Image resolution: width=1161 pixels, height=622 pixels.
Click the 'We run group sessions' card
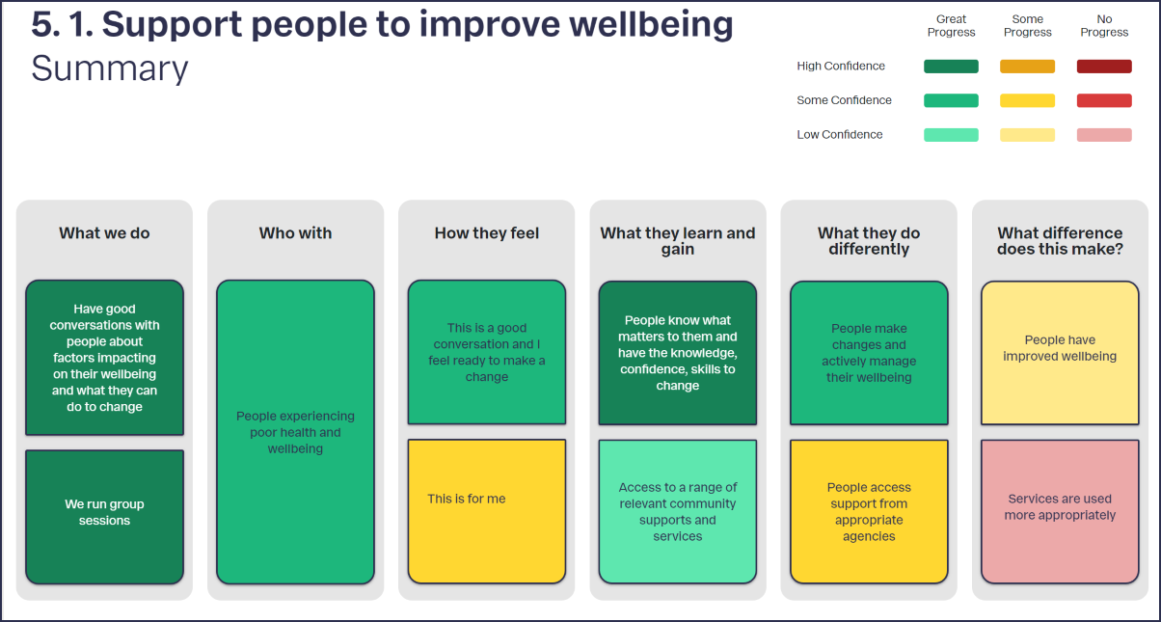[105, 517]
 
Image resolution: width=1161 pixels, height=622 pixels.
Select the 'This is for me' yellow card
[487, 511]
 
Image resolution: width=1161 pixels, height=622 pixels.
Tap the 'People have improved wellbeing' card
[1060, 353]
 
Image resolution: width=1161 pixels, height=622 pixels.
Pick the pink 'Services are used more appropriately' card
[1060, 511]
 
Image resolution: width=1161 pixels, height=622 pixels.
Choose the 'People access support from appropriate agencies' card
[869, 511]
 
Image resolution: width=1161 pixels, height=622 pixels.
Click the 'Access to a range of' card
[678, 511]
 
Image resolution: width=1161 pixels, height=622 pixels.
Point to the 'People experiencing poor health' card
[295, 432]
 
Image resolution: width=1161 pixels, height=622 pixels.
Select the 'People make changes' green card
[869, 353]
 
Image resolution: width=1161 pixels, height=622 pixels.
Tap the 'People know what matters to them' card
[678, 353]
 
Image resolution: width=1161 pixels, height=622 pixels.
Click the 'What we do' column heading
[105, 233]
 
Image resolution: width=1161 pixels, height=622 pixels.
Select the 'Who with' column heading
[295, 233]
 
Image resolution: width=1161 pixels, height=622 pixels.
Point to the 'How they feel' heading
[487, 233]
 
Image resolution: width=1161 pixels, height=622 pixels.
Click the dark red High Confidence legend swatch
[1104, 67]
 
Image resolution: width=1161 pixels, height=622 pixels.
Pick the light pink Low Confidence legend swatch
[1104, 135]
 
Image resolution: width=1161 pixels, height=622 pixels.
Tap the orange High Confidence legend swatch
[1027, 67]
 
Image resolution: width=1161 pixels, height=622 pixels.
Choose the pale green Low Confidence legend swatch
[951, 135]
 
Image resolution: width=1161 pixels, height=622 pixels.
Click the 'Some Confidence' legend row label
[845, 100]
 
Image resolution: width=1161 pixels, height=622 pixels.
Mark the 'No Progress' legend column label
[1104, 25]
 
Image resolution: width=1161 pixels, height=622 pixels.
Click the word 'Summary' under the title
[110, 68]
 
